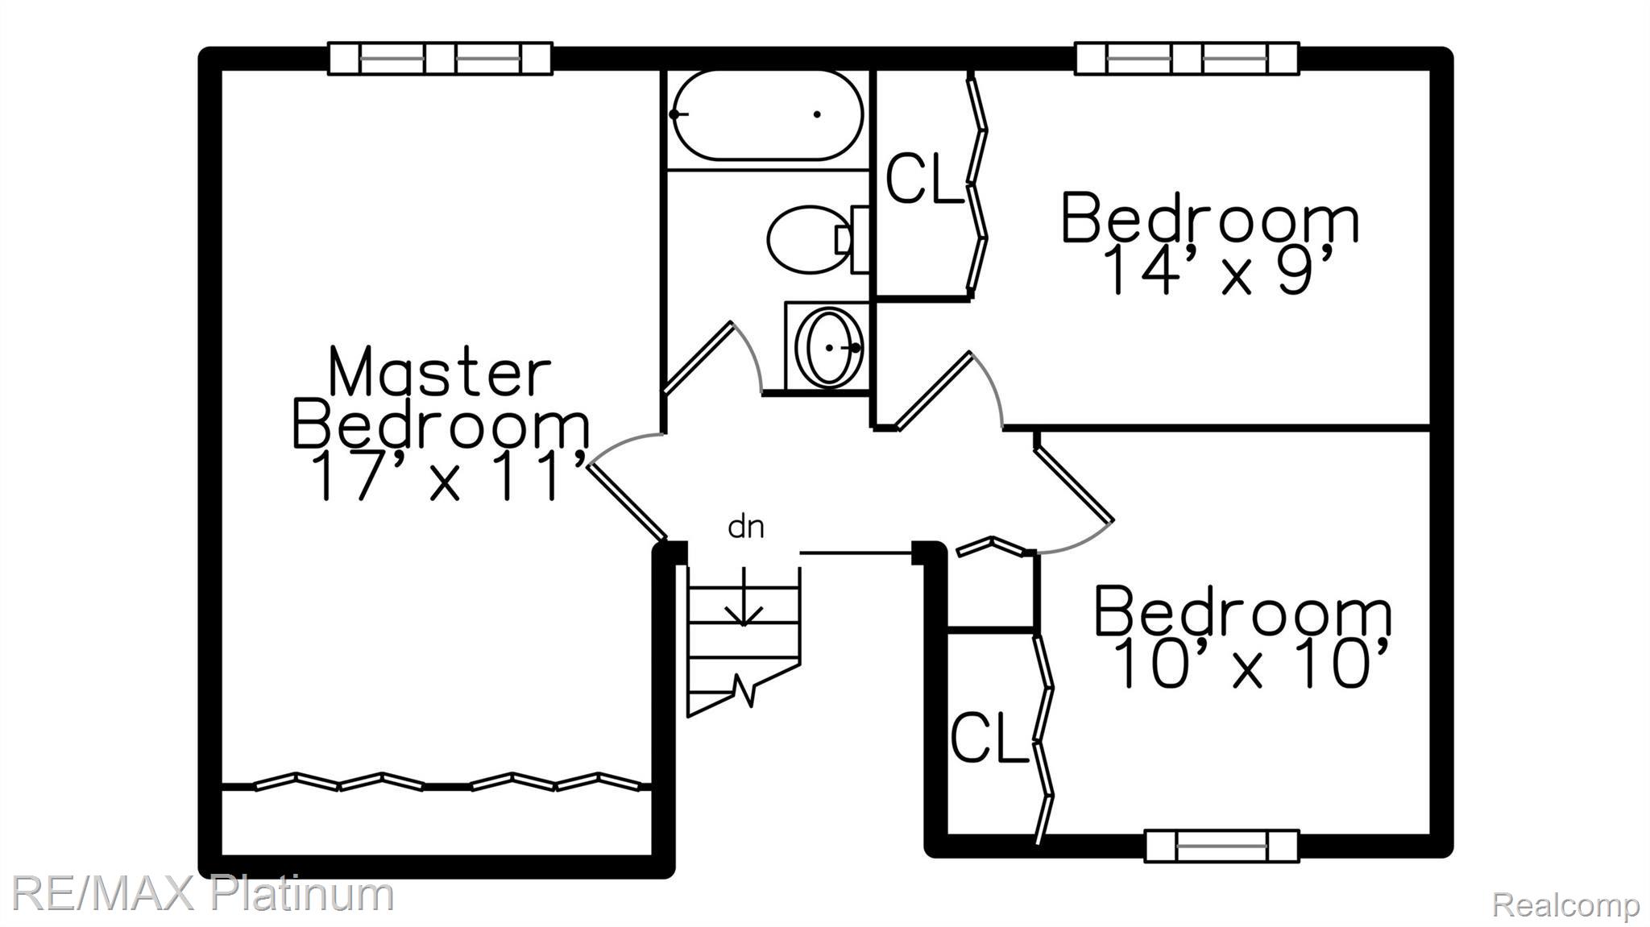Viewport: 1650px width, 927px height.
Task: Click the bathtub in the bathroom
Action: (767, 115)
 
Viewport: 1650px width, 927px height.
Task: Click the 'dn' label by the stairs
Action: (746, 528)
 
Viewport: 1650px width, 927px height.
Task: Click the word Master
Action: (440, 371)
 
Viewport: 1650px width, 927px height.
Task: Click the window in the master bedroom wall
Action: (440, 58)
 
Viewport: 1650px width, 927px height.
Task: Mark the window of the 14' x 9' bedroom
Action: (1187, 58)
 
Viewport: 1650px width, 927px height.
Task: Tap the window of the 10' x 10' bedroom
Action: (1221, 846)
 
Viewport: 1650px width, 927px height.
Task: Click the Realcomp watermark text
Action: (1565, 904)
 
